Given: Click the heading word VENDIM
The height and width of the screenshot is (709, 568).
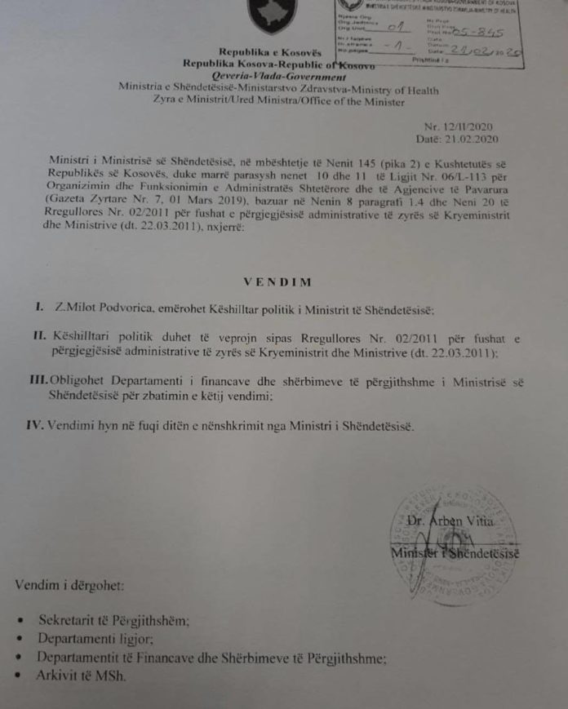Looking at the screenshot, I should pos(277,281).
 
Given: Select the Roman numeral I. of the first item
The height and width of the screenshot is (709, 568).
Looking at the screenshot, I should pos(38,310).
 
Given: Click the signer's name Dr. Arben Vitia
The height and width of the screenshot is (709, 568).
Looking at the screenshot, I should pos(468,521).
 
